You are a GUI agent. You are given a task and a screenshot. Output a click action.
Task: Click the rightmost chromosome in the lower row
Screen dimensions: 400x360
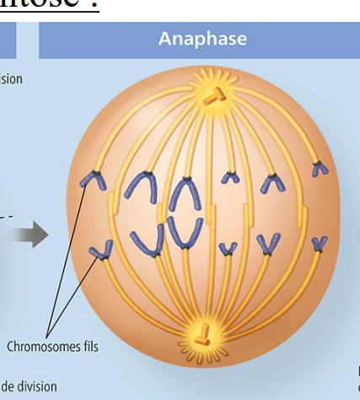click(x=319, y=244)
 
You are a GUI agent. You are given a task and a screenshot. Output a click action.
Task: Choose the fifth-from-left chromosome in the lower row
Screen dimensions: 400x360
click(x=269, y=245)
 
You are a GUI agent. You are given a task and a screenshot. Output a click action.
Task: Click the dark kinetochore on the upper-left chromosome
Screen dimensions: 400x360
click(x=98, y=173)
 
